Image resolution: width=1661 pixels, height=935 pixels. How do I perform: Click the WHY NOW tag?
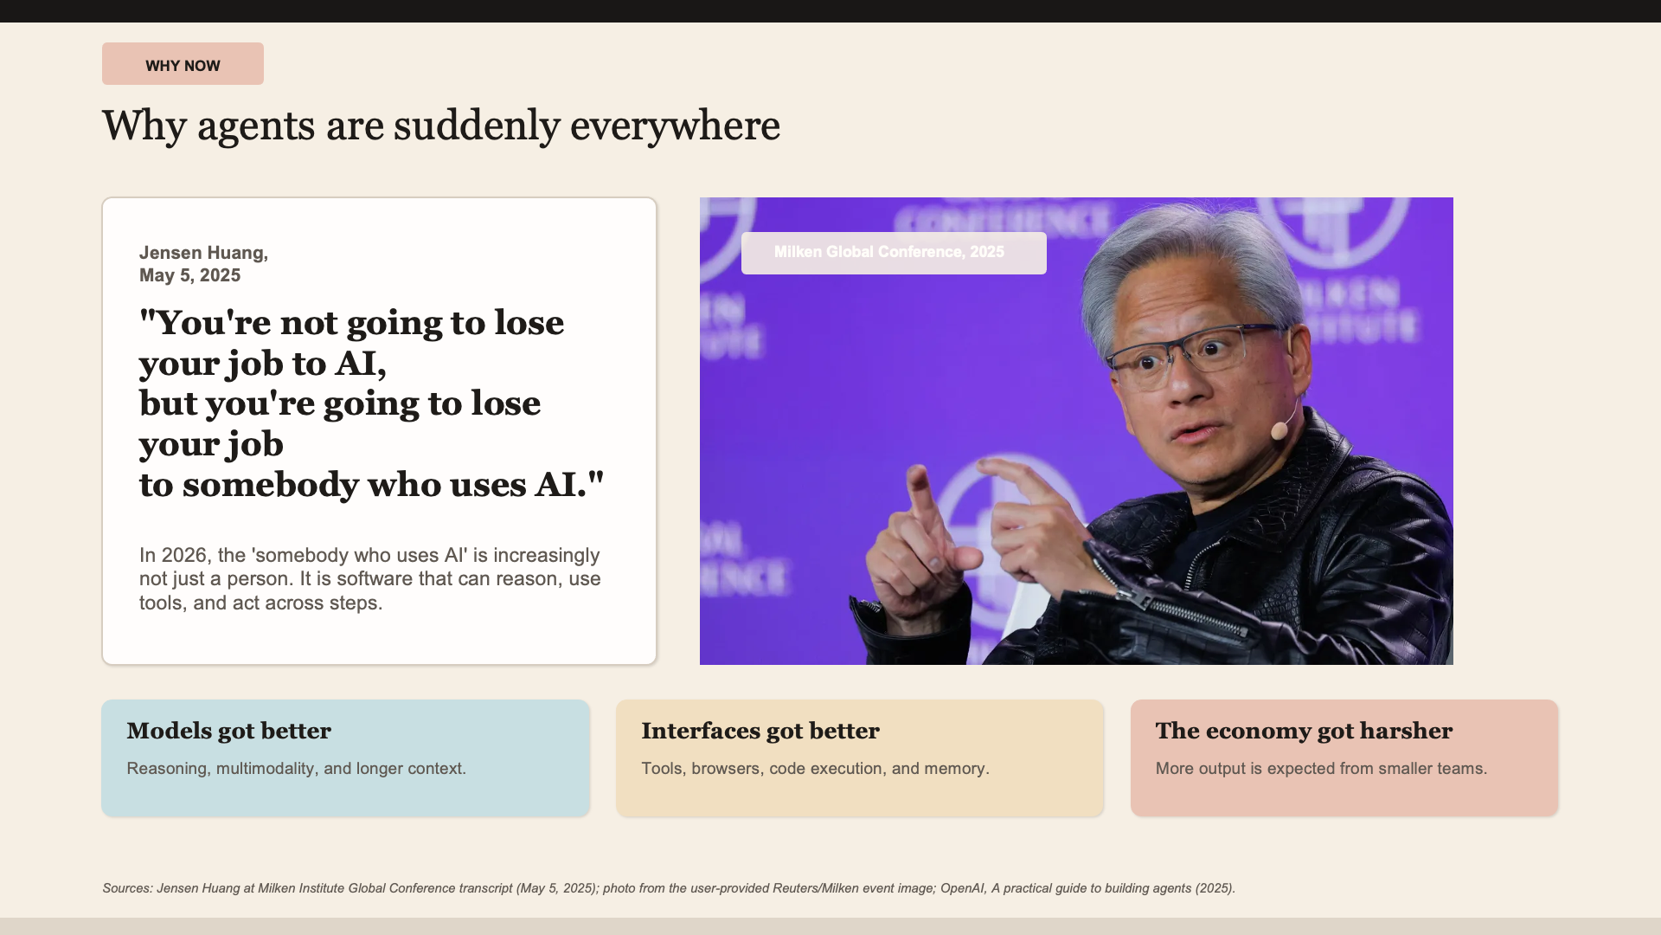183,64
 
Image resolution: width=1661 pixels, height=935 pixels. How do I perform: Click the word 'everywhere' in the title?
675,126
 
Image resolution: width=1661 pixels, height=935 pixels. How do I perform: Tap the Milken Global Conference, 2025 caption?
894,253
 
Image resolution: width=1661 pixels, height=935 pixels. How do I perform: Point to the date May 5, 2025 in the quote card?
190,275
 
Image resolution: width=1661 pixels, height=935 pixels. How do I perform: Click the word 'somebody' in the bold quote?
270,485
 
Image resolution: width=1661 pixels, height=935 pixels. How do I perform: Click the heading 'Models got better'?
229,731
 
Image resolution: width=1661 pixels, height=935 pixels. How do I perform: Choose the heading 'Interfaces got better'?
760,731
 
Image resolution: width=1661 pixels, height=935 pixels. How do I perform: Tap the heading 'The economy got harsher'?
1304,731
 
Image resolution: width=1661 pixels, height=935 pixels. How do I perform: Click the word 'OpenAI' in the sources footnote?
962,888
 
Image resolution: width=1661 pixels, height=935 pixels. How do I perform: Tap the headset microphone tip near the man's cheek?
1279,430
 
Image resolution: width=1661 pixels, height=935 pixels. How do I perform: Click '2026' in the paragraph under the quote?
183,555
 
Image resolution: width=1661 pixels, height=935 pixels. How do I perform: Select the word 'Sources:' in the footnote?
127,888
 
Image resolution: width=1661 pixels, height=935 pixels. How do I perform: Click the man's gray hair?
1194,251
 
